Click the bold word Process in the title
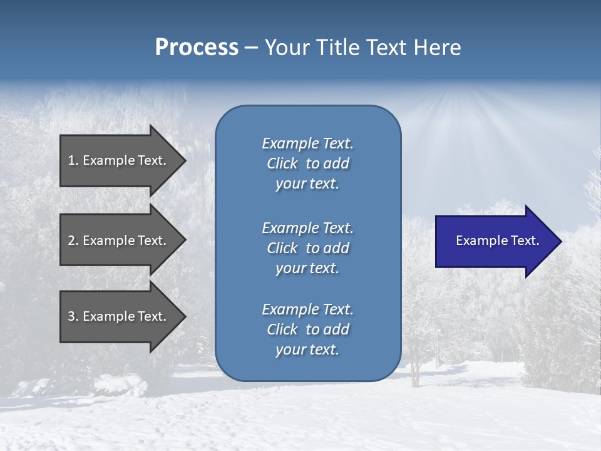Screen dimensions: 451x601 [197, 48]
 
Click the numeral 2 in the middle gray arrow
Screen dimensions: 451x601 [71, 241]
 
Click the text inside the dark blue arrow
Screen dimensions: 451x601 [497, 241]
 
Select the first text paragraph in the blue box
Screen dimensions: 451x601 [307, 163]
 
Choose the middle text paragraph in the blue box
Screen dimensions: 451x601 [307, 248]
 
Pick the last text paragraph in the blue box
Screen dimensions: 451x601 [307, 329]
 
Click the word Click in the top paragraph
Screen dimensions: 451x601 [282, 163]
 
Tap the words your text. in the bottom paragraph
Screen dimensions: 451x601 [307, 350]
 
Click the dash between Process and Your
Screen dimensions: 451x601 [252, 48]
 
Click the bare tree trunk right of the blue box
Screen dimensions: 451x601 [414, 373]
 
